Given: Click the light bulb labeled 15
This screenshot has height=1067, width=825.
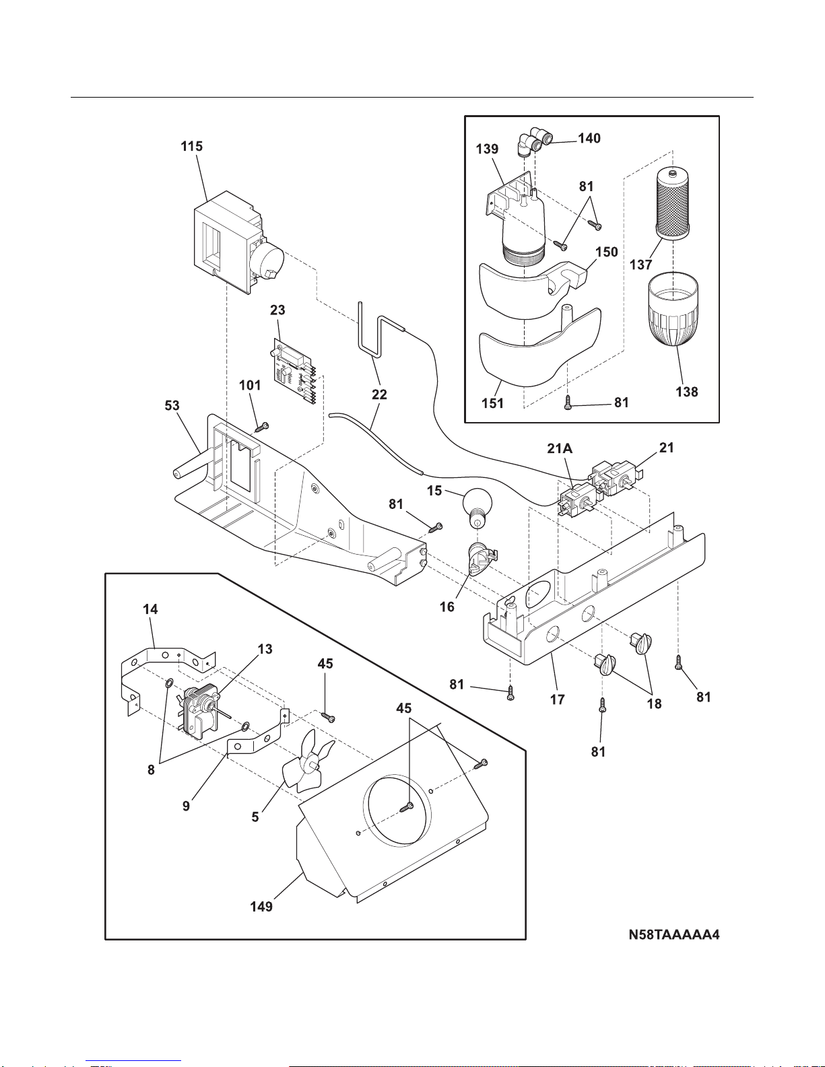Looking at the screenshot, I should [x=477, y=506].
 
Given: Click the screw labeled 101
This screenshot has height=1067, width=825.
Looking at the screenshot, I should [x=263, y=427].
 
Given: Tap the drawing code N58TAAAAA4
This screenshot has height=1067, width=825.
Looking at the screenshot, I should [x=673, y=935].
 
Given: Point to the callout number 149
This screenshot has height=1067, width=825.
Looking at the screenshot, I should [x=261, y=907].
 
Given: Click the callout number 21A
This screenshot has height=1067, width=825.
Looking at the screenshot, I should [x=559, y=448].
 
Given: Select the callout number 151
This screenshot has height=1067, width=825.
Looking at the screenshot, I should [x=492, y=403].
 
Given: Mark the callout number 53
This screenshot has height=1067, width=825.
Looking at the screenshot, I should [x=172, y=405].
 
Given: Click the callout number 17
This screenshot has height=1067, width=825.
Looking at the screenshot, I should [x=557, y=699].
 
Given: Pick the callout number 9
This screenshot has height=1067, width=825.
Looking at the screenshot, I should [x=186, y=806].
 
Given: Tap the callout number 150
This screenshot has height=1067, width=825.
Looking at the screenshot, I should [x=606, y=252].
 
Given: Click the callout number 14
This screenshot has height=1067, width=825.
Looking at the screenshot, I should [x=150, y=609].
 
